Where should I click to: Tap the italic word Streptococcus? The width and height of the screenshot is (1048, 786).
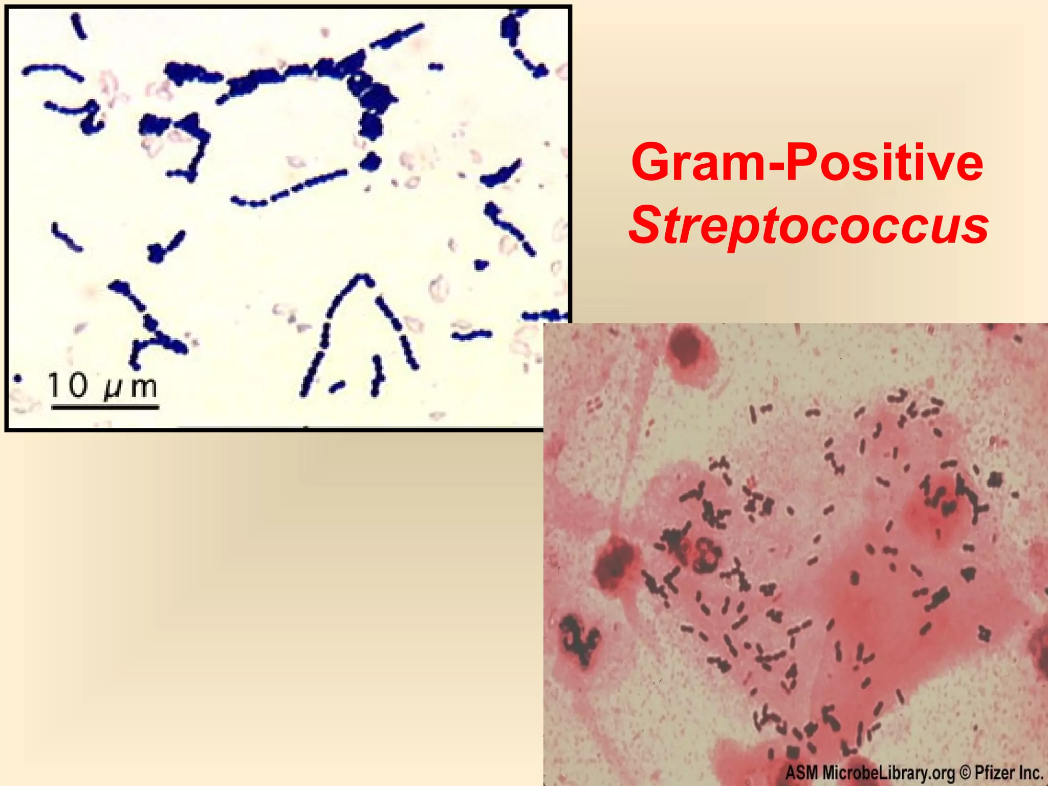coord(808,225)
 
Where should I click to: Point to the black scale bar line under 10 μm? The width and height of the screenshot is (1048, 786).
coord(105,408)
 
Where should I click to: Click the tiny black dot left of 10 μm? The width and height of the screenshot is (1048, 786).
coord(18,379)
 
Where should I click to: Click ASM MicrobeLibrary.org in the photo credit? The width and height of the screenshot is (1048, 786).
coord(870,772)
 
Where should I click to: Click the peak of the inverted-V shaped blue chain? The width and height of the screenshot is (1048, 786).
coord(363,279)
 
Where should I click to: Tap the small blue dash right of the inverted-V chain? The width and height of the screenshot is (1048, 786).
coord(471,335)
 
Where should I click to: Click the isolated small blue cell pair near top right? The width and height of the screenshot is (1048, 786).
coord(435,66)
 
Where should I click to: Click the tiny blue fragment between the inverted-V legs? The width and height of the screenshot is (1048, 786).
coord(337,386)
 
